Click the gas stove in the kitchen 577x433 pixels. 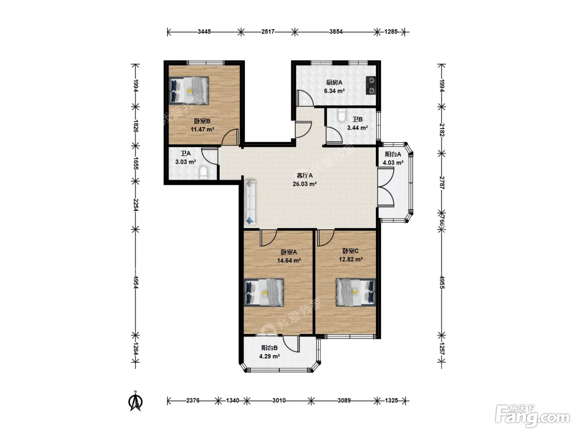click(371, 85)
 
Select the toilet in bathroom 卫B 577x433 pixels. click(342, 116)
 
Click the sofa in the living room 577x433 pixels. click(250, 202)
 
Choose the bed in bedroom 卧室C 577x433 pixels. click(356, 292)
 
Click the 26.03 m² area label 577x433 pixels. click(305, 184)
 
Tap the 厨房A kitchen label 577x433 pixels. click(334, 82)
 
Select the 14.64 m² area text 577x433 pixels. click(289, 261)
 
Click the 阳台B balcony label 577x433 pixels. click(270, 348)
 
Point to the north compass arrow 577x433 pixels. click(135, 401)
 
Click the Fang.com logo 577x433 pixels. click(533, 417)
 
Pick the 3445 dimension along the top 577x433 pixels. click(204, 32)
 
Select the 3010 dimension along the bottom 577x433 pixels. click(279, 400)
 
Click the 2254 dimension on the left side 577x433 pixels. click(136, 205)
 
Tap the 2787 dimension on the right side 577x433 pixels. click(442, 183)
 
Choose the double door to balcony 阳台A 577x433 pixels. click(386, 187)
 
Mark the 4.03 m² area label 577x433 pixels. click(393, 163)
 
